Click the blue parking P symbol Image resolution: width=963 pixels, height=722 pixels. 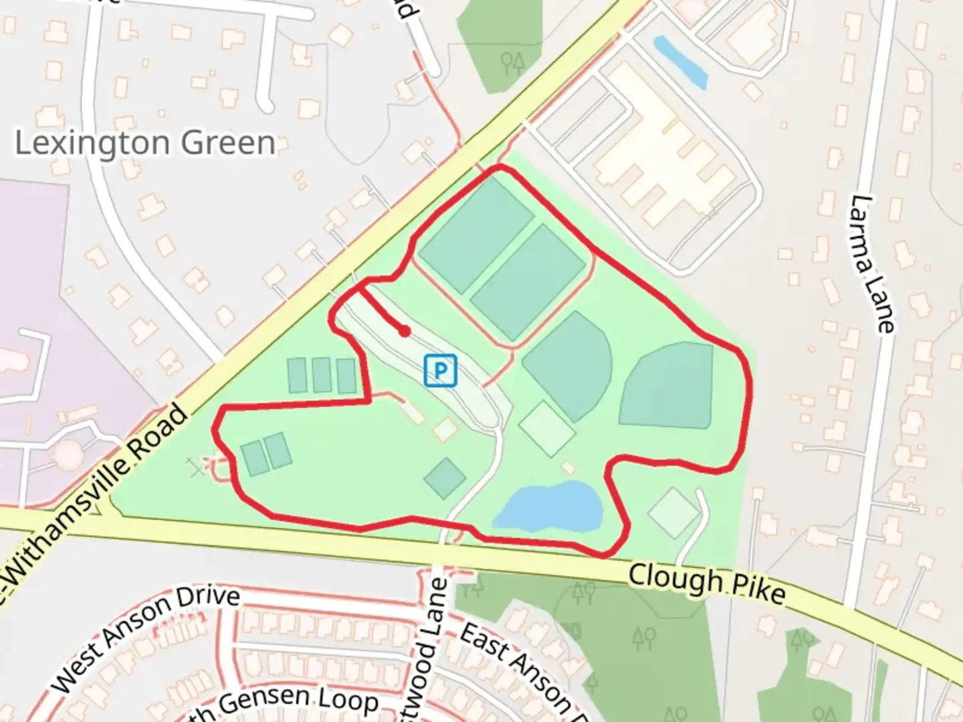click(x=440, y=370)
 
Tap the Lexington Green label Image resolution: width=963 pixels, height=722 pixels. click(x=144, y=143)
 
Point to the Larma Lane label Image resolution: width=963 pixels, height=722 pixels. click(x=873, y=263)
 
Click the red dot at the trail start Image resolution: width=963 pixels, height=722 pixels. click(x=404, y=331)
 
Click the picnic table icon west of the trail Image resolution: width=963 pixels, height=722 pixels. click(x=196, y=467)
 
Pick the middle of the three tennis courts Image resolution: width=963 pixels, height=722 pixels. click(x=322, y=375)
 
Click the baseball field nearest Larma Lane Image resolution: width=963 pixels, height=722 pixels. click(x=669, y=387)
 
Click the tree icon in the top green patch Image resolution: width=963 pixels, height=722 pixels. click(x=514, y=63)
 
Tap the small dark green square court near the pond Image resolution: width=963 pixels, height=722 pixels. click(x=445, y=477)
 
